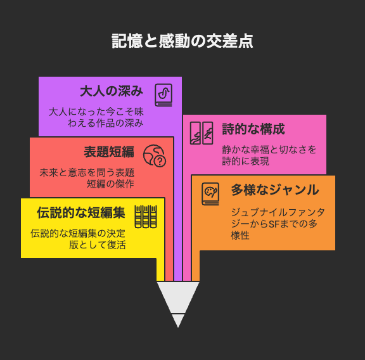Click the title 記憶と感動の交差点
coord(182,41)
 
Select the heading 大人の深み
coord(112,91)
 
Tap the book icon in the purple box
coord(163,95)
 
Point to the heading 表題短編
coord(109,152)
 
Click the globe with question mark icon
coord(155,156)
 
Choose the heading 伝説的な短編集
coord(81,212)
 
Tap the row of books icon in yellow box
coord(146,217)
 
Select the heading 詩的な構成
coord(253,129)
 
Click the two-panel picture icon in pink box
coord(202,133)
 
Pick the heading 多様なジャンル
coord(275,190)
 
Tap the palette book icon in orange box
coord(210,194)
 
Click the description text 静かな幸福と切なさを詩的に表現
coord(269,155)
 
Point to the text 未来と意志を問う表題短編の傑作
coord(87,178)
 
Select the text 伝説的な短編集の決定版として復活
coord(78,239)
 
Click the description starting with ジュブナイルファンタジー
coord(278,224)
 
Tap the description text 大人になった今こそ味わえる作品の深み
coord(96,117)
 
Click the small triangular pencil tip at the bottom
coord(178,321)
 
